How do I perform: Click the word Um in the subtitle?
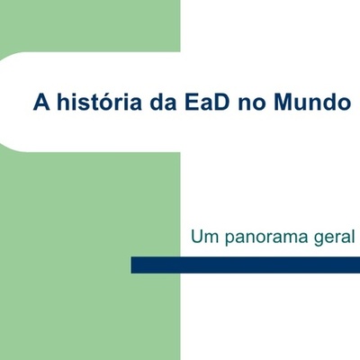[x=203, y=238]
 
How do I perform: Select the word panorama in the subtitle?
[x=265, y=240]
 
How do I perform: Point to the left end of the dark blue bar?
[x=134, y=265]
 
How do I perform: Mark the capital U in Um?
[x=196, y=238]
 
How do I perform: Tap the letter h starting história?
[x=61, y=102]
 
